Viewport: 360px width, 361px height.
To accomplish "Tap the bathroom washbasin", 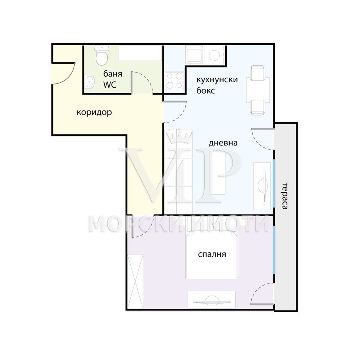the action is pos(89,82).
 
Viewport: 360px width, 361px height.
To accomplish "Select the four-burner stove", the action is pos(174,81).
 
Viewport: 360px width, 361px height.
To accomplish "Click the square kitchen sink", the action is pos(194,55).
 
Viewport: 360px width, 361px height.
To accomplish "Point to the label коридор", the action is pos(94,112).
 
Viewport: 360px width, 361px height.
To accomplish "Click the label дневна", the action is pos(223,143).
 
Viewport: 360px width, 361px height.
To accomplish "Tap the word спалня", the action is pos(212,255).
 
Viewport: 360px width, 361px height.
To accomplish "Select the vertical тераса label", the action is pos(285,196).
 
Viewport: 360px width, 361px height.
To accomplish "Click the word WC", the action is pos(110,85).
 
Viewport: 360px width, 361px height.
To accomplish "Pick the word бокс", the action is pos(205,91).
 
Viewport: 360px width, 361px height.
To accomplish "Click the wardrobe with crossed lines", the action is pos(135,281).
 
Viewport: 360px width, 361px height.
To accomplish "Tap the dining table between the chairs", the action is pos(258,90).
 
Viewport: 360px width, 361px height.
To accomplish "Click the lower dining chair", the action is pos(257,108).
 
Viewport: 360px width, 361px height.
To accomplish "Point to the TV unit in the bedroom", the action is pos(212,300).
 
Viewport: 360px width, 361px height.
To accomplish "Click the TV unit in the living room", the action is pos(262,186).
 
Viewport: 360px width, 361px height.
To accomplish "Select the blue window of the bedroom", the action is pos(274,250).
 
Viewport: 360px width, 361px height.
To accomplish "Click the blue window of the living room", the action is pos(274,183).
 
